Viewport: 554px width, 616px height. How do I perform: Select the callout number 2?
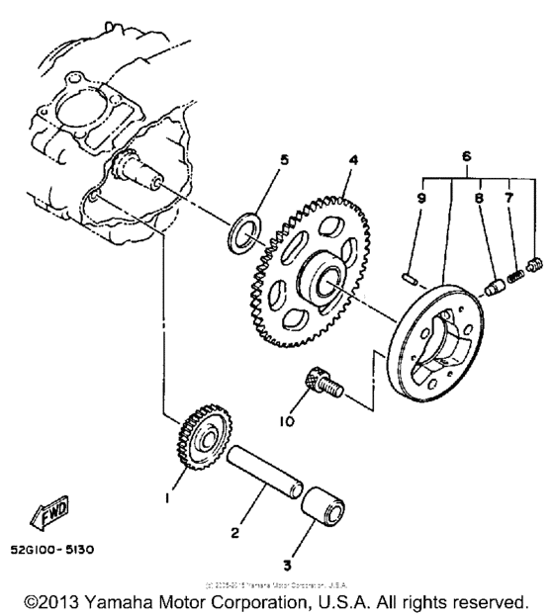click(x=234, y=533)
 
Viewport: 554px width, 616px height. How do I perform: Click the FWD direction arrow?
click(x=48, y=512)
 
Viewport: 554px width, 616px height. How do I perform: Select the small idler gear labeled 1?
click(x=205, y=435)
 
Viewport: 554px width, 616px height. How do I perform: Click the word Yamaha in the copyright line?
click(x=121, y=601)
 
